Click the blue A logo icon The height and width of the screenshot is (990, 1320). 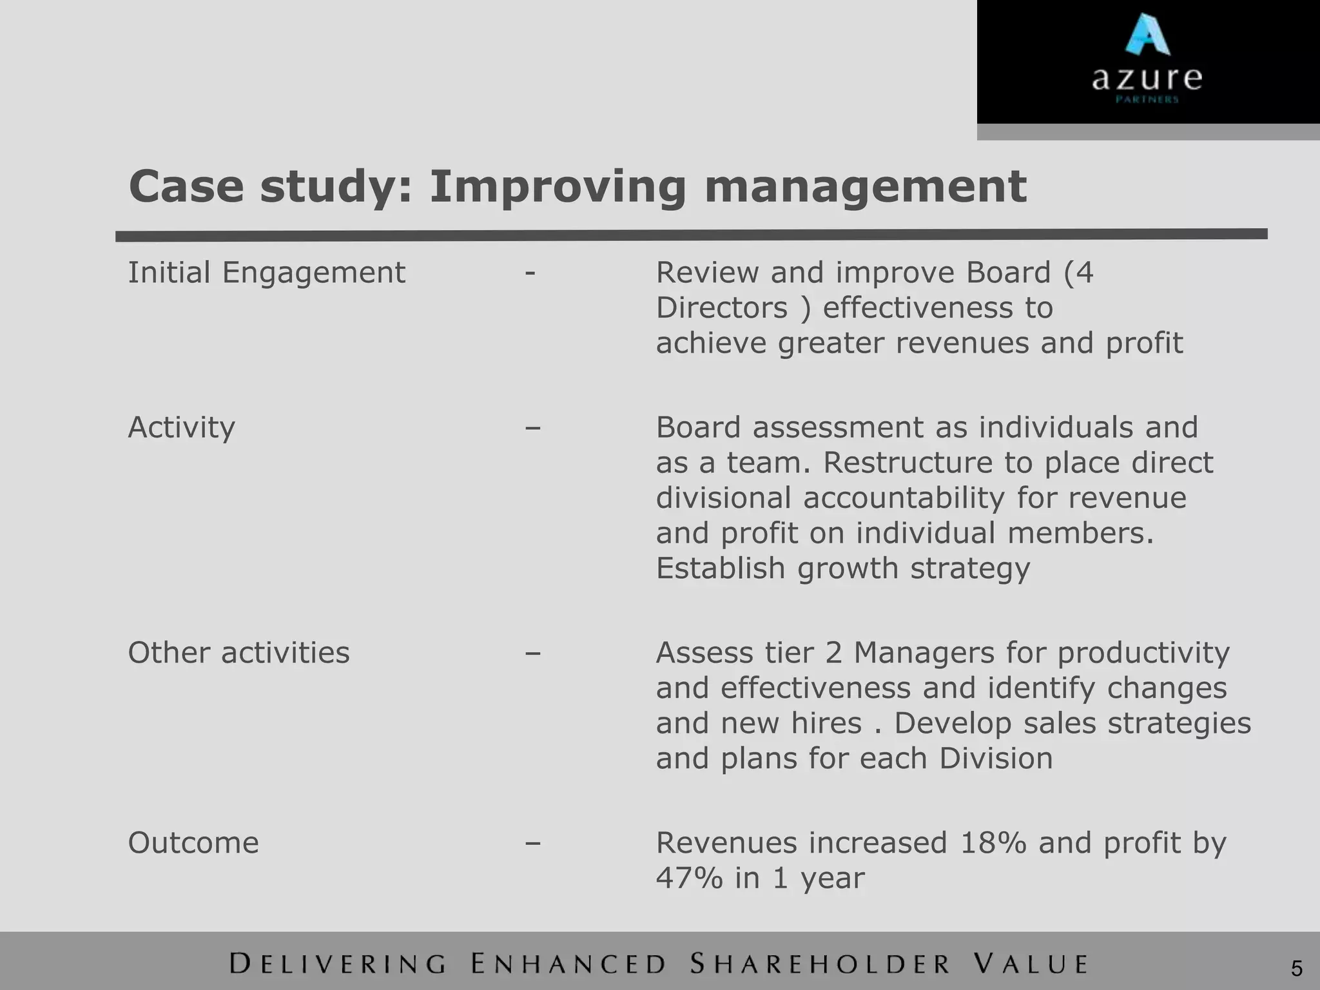[1147, 35]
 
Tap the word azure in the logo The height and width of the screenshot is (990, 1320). [1147, 79]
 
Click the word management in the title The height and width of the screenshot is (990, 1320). [865, 187]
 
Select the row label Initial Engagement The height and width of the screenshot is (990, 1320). [266, 273]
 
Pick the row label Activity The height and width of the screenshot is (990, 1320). [181, 427]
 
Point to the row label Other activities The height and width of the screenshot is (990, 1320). [238, 653]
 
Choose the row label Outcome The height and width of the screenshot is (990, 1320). [193, 843]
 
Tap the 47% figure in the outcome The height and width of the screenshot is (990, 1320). [689, 878]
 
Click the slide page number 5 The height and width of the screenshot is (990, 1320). [1296, 969]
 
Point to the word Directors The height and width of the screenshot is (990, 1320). [722, 308]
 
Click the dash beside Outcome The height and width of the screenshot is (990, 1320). [532, 843]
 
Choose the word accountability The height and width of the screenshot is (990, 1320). [904, 498]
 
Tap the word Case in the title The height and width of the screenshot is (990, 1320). [186, 187]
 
